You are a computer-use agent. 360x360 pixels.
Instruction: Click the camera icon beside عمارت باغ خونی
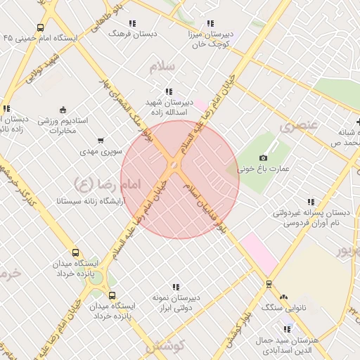point(264,157)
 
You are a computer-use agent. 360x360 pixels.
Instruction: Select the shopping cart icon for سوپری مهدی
point(101,140)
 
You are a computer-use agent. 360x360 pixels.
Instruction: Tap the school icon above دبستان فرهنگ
point(133,23)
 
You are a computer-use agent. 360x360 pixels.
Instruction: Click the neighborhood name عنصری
point(299,127)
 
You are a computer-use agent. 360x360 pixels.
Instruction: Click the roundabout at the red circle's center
point(173,165)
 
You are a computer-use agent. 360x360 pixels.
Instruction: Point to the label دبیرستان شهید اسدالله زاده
point(169,106)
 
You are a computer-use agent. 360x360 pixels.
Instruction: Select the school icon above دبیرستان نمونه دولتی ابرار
point(176,287)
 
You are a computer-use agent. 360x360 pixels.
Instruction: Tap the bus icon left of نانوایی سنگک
point(268,284)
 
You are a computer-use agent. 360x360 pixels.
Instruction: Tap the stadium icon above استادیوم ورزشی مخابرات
point(63,109)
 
